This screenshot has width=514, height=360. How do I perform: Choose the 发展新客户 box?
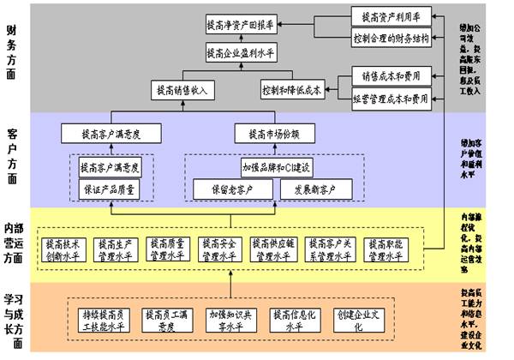click(x=311, y=188)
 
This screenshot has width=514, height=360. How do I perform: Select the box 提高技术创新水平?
click(x=67, y=249)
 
